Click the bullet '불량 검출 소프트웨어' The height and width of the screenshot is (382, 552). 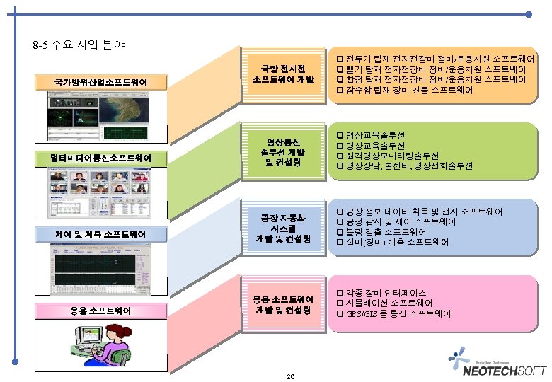[386, 232]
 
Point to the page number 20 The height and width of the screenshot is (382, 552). [290, 376]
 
